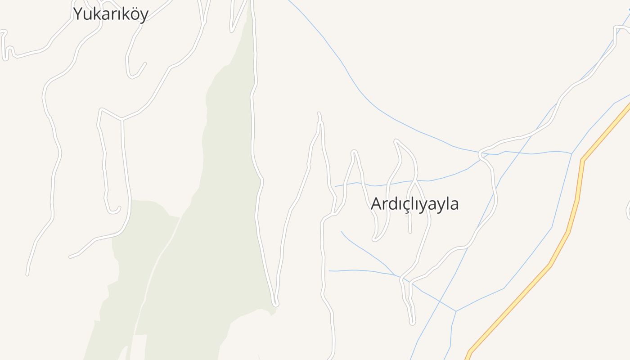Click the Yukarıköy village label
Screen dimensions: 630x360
pyautogui.click(x=111, y=14)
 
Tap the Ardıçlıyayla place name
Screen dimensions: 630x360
pyautogui.click(x=414, y=204)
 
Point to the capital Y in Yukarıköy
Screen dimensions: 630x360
pyautogui.click(x=78, y=13)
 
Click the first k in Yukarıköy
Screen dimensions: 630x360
pyautogui.click(x=95, y=14)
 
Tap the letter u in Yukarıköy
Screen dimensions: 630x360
pyautogui.click(x=87, y=15)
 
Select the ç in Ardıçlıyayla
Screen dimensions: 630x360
pyautogui.click(x=404, y=205)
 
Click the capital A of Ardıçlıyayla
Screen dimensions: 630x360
pyautogui.click(x=376, y=204)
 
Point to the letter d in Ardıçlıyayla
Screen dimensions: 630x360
pyautogui.click(x=391, y=204)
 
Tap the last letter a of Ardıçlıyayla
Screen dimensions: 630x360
pyautogui.click(x=454, y=205)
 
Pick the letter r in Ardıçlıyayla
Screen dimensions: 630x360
pyautogui.click(x=384, y=205)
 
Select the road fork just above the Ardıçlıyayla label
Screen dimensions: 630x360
pyautogui.click(x=414, y=181)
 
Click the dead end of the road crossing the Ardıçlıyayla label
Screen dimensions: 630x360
pyautogui.click(x=410, y=232)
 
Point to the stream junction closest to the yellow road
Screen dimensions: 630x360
pyautogui.click(x=571, y=154)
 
